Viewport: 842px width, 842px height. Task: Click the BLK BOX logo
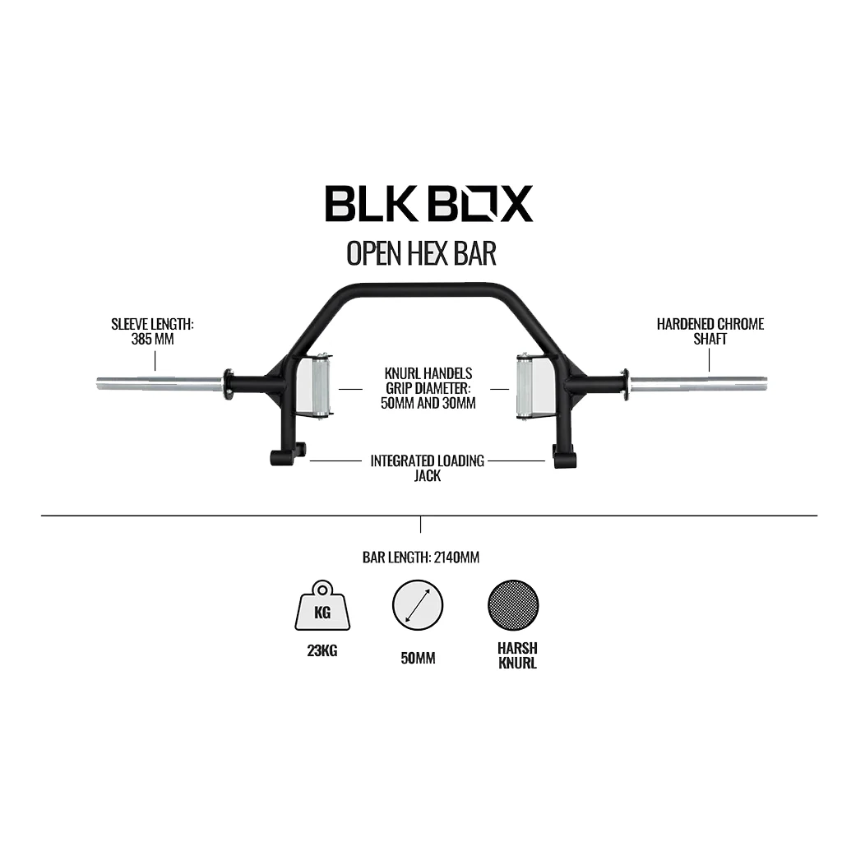click(x=428, y=203)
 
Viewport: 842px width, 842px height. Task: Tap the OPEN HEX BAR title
click(x=421, y=253)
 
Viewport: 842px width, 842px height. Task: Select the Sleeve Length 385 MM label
click(x=153, y=331)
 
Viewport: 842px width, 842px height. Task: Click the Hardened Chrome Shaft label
click(x=710, y=331)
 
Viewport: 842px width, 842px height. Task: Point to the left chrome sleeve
click(x=160, y=383)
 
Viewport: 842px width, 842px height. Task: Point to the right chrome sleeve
click(x=699, y=383)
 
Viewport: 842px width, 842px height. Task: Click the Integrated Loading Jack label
click(x=427, y=468)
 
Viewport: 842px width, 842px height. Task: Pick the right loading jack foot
click(x=564, y=456)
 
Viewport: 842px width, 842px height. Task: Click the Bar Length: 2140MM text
click(x=421, y=557)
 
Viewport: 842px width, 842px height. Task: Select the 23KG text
click(x=322, y=652)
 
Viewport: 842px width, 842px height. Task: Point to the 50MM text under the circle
click(x=418, y=659)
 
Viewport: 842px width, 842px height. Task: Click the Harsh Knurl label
click(x=516, y=655)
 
